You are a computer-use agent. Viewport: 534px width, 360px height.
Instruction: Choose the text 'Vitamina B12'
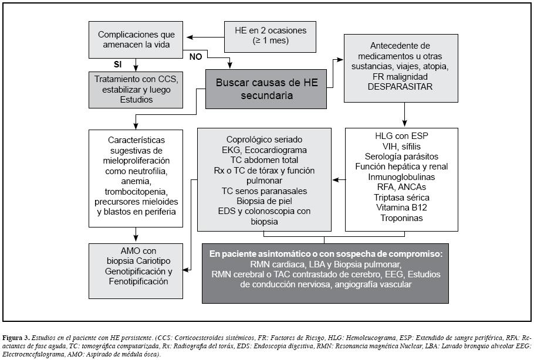click(x=402, y=208)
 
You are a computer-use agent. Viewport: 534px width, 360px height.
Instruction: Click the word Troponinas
click(x=402, y=218)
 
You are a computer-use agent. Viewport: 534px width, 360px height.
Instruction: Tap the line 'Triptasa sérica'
click(x=402, y=197)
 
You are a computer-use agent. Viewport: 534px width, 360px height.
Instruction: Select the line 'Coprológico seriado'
click(x=264, y=140)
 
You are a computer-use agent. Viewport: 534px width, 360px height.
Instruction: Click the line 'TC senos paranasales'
click(x=264, y=191)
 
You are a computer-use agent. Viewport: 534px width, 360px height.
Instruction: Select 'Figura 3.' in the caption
click(x=16, y=338)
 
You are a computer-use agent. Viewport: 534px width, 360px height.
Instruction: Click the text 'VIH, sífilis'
click(x=402, y=145)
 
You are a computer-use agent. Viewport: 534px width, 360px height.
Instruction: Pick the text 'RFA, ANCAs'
click(x=402, y=187)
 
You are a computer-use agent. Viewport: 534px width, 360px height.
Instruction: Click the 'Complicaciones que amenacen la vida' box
click(x=136, y=39)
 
